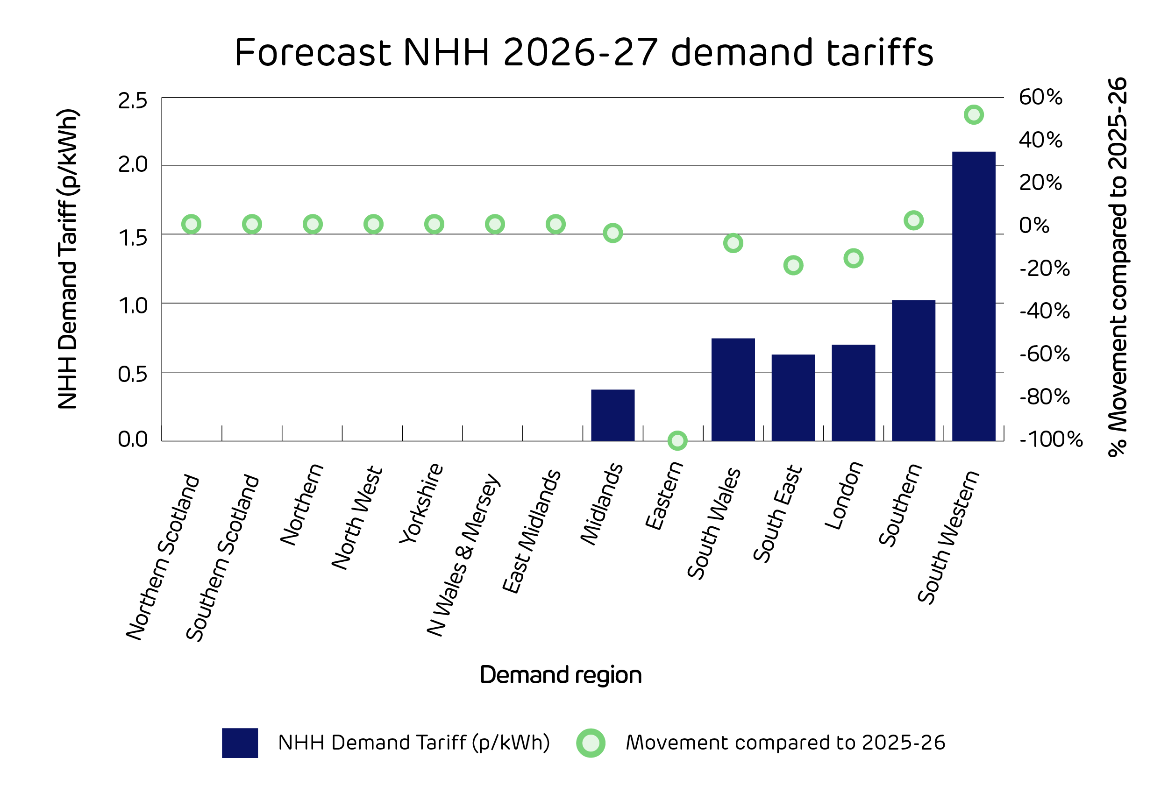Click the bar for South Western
pos(974,297)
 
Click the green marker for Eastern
pos(677,441)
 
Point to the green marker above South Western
pos(974,115)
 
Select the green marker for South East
pos(793,265)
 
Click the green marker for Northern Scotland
pos(192,224)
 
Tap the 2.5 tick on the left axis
pos(133,101)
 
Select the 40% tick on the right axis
pos(1040,140)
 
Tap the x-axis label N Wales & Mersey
pos(463,555)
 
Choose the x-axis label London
pos(844,496)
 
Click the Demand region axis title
pos(560,675)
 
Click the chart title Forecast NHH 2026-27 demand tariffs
pos(584,52)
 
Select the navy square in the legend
pos(240,743)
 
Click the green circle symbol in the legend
pos(591,743)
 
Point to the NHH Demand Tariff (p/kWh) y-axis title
pos(68,259)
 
